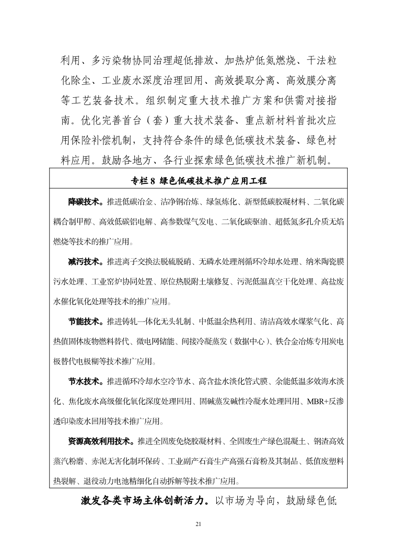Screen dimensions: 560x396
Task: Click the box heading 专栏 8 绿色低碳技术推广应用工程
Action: (198, 181)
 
